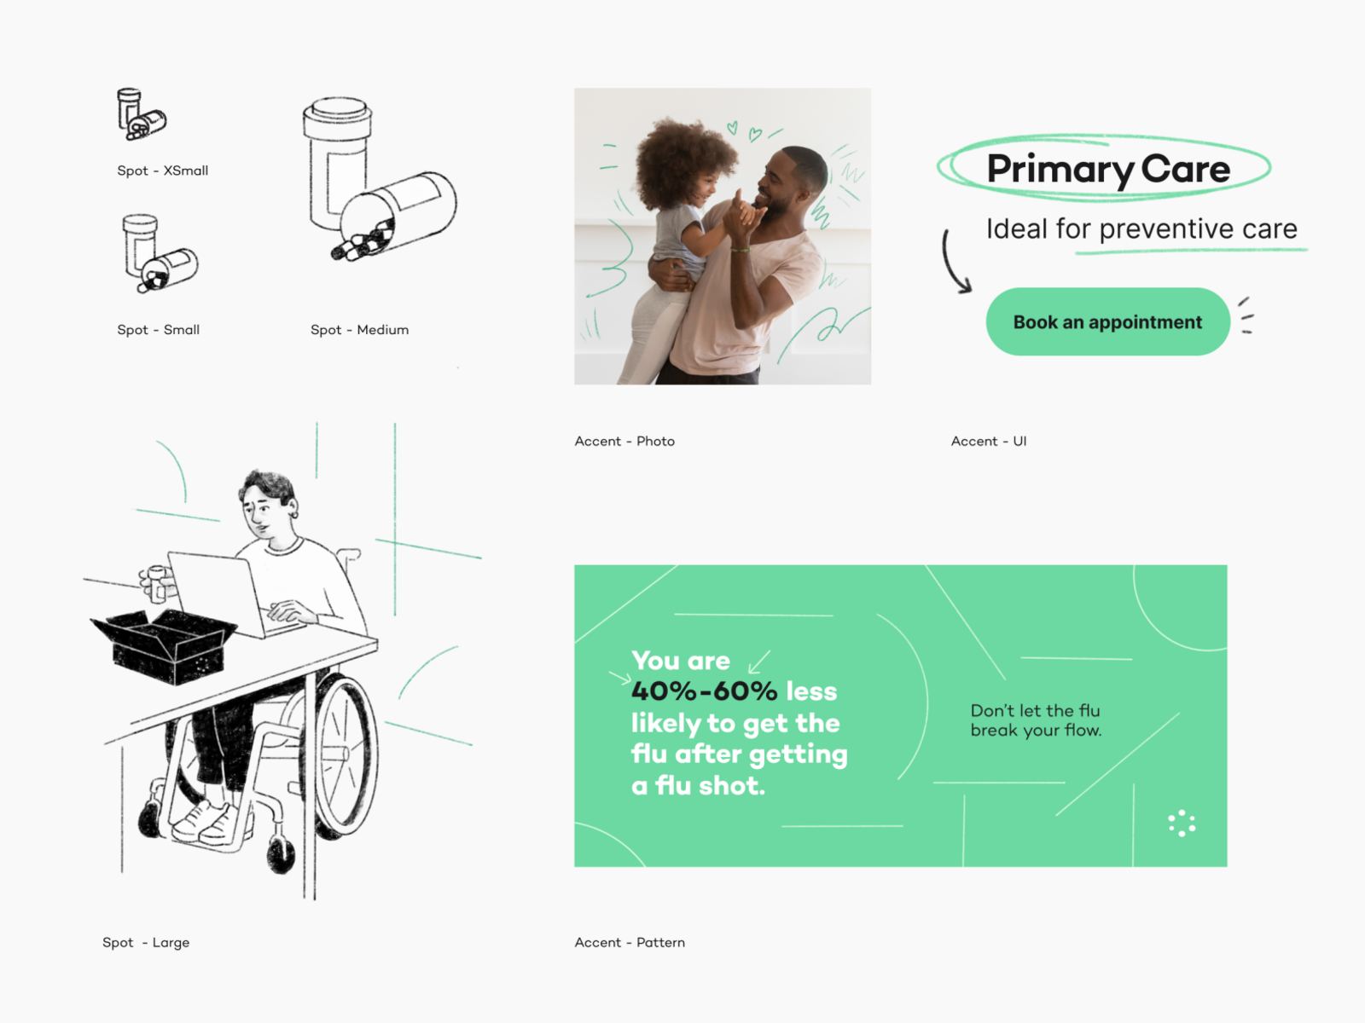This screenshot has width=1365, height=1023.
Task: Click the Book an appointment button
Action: (x=1107, y=321)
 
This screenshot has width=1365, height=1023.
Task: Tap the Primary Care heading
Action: (x=1108, y=169)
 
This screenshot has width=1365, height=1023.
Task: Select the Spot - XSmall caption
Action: (x=163, y=170)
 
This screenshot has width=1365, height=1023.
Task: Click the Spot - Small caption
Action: (x=159, y=330)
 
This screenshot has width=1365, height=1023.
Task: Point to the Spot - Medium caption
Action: (x=359, y=330)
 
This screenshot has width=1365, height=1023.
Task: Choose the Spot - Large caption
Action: (x=146, y=942)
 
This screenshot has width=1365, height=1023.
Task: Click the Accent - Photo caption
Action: (x=624, y=441)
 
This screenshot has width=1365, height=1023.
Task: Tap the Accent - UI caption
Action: (x=989, y=441)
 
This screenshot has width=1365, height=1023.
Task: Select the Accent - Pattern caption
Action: (x=630, y=942)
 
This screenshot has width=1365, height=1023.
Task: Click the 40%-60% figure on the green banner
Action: (x=705, y=691)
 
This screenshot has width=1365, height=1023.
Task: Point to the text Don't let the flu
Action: (x=1036, y=711)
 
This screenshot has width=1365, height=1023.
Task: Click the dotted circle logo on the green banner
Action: (x=1182, y=824)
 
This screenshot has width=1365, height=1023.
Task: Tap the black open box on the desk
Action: (x=164, y=646)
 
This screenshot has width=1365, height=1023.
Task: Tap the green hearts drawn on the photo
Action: (x=745, y=130)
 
